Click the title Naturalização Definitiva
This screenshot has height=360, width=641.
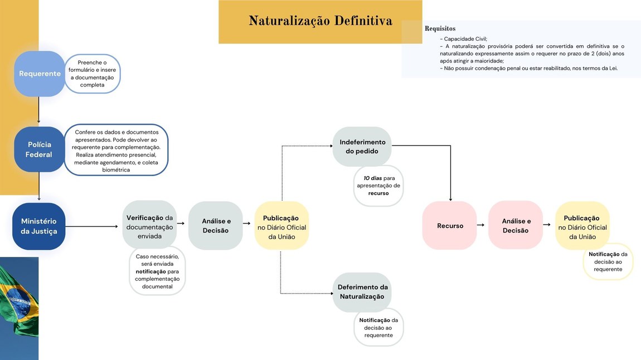[x=320, y=21]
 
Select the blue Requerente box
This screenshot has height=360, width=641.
[x=40, y=74]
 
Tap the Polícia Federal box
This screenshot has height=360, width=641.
[x=39, y=149]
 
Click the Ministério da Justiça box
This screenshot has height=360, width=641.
[x=39, y=226]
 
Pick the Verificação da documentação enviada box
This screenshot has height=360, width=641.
[x=149, y=226]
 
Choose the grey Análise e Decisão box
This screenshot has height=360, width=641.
[x=216, y=226]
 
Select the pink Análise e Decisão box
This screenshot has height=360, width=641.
[x=516, y=226]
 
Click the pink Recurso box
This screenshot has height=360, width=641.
[x=450, y=226]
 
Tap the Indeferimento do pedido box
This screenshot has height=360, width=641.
[x=362, y=147]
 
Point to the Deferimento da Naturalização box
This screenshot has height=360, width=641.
[x=362, y=291]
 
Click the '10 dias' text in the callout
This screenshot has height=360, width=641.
[x=373, y=178]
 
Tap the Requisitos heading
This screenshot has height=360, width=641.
[x=440, y=28]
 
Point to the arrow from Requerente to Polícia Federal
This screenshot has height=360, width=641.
[x=39, y=110]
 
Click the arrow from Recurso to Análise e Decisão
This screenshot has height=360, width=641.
[x=480, y=225]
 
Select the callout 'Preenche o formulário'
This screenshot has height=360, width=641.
[x=93, y=74]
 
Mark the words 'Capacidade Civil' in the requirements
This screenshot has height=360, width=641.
[x=465, y=39]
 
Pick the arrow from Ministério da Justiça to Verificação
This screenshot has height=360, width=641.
[x=93, y=226]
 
